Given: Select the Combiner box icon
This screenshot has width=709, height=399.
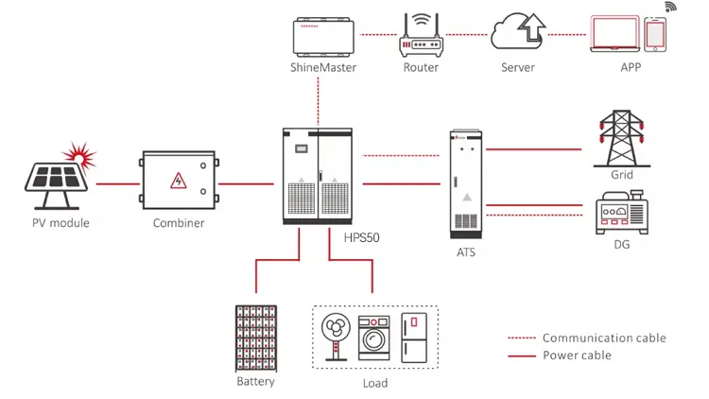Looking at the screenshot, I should (179, 182).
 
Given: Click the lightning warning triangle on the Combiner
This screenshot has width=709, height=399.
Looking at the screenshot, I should (176, 181).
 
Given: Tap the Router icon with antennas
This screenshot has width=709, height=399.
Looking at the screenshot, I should (421, 36).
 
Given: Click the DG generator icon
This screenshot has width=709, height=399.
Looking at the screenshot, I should (620, 213).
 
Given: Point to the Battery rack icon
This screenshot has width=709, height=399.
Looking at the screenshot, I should (256, 338).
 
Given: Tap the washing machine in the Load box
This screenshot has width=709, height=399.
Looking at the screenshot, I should (374, 338).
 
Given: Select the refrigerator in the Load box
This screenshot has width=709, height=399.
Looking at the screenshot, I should (414, 336).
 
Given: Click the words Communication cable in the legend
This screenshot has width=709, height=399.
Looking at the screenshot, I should (603, 338).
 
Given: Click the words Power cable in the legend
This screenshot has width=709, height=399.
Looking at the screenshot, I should (576, 356).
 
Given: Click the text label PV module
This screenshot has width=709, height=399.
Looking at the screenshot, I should (60, 223).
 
